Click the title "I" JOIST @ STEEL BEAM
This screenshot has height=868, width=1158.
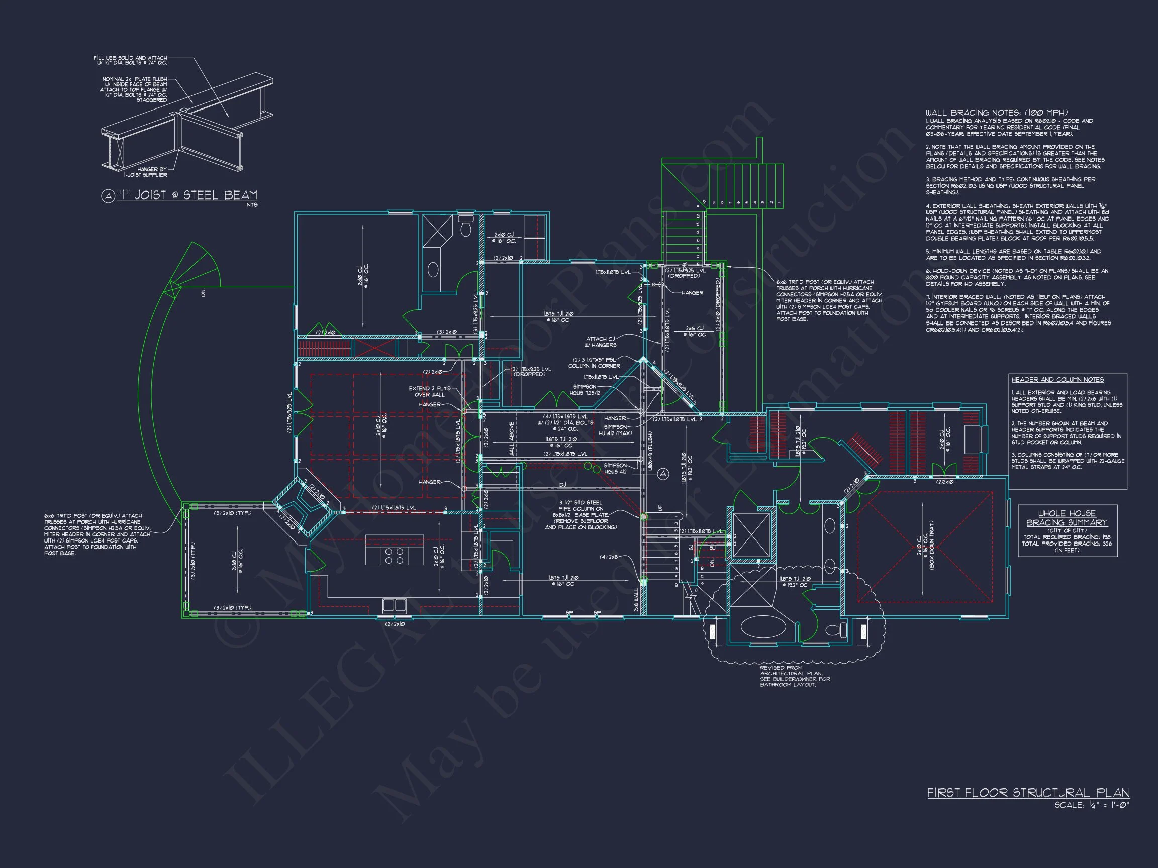click(x=186, y=196)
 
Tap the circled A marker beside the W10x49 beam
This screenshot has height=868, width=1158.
click(x=663, y=474)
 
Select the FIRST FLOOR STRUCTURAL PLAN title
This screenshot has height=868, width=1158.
click(x=1028, y=793)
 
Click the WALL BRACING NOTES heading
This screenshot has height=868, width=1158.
click(x=997, y=113)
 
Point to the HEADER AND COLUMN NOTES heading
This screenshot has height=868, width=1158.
click(x=1057, y=379)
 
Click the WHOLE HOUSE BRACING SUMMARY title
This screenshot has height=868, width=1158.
click(x=1067, y=518)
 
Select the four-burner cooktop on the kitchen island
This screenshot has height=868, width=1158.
click(x=394, y=555)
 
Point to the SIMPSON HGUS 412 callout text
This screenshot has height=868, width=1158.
click(x=615, y=468)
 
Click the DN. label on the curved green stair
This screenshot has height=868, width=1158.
click(x=203, y=293)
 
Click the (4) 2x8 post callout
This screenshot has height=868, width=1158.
click(x=608, y=557)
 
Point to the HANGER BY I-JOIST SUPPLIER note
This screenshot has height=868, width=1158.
click(x=152, y=172)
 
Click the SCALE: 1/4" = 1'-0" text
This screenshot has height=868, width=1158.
click(x=1091, y=805)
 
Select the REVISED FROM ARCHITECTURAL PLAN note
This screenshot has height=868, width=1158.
click(x=795, y=676)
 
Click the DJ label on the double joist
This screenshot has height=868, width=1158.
click(x=562, y=485)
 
